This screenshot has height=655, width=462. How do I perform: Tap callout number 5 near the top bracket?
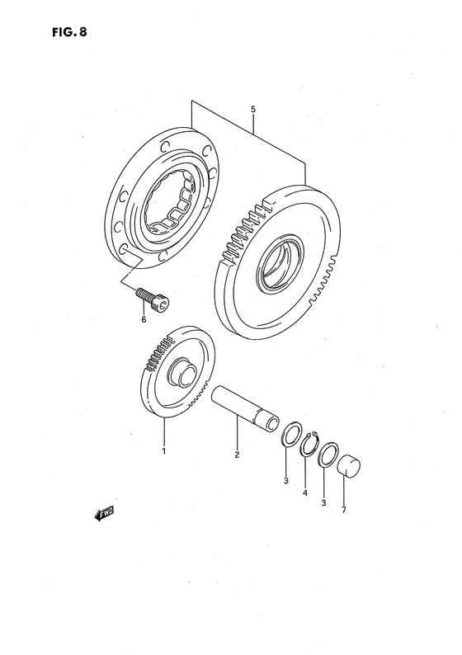pos(253,108)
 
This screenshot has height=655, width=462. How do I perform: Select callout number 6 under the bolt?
pos(143,319)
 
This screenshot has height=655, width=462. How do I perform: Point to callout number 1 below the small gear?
pos(163,451)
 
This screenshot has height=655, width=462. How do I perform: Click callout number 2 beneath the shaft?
pos(237,455)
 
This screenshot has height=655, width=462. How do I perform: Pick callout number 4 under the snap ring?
pos(304,492)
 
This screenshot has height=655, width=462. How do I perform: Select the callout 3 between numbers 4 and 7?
pos(324,502)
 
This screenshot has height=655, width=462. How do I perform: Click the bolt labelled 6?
pos(154,299)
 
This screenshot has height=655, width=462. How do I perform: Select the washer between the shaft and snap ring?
pos(291,434)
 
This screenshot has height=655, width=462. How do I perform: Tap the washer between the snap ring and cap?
pos(328,455)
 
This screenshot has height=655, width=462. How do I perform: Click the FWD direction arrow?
pos(103,515)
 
